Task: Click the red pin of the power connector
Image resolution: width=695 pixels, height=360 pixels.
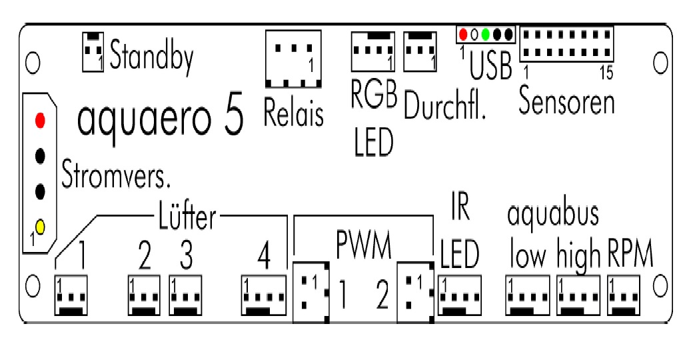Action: point(41,121)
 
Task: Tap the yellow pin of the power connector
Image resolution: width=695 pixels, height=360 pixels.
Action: point(40,227)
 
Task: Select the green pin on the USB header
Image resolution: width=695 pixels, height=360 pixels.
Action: point(486,34)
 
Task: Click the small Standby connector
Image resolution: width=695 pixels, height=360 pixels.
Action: point(93,51)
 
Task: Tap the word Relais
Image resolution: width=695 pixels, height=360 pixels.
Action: point(293,113)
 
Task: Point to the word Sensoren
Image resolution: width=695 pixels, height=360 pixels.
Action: point(566,103)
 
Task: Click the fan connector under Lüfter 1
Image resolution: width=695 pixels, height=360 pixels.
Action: point(70,296)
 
